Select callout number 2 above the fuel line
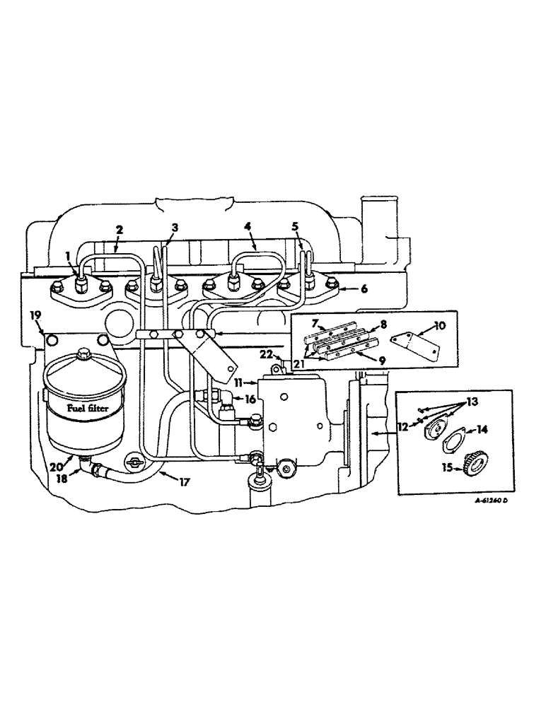coord(119,229)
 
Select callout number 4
coord(248,228)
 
